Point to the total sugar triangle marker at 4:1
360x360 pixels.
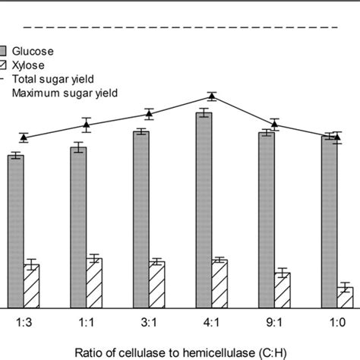[212, 96]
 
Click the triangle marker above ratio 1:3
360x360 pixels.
[24, 137]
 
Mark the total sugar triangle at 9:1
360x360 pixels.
[275, 124]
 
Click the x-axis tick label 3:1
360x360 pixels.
[149, 323]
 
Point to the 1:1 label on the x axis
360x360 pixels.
[87, 323]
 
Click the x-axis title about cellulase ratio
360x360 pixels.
[180, 352]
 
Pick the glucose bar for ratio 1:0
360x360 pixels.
[329, 220]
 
